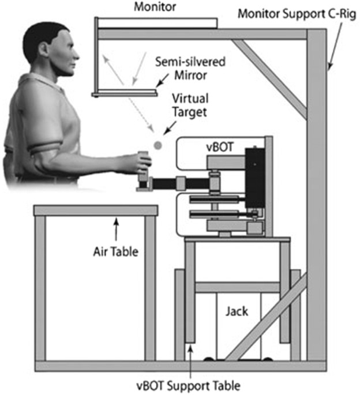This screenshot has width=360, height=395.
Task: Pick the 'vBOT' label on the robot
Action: coord(220,146)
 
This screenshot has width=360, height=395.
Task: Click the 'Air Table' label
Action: coord(116,251)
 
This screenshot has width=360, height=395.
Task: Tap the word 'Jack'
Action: coord(237,311)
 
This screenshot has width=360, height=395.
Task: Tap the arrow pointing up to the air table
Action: coord(116,228)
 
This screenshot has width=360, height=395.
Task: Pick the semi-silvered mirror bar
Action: coord(127,92)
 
